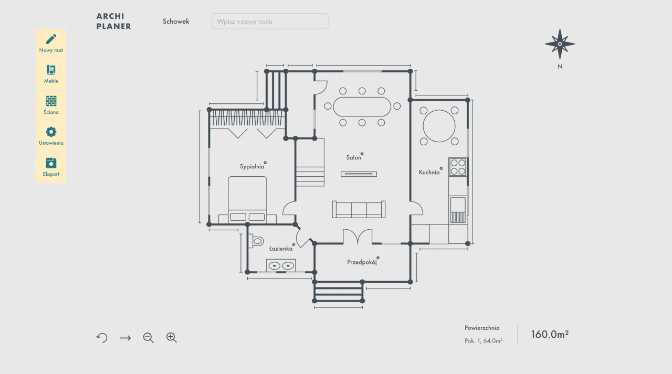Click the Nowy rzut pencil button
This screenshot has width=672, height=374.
51,44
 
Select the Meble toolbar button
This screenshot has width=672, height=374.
51,74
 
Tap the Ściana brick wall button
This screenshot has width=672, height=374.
51,105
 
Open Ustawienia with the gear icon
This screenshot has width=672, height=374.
51,137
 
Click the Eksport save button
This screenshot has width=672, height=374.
51,167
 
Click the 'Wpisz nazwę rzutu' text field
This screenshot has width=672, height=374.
270,22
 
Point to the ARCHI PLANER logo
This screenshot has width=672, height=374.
114,22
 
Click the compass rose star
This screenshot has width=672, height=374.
560,44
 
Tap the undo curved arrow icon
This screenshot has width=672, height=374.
102,337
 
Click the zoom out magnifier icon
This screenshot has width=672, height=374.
148,338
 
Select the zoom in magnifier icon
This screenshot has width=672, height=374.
172,337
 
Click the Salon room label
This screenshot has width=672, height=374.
354,157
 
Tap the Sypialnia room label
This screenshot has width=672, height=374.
252,166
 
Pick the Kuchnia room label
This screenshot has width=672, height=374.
429,173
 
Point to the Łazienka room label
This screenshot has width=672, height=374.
281,249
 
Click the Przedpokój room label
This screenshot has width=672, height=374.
362,262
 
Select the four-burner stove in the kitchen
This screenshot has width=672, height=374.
458,167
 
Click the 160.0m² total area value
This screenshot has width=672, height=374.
550,334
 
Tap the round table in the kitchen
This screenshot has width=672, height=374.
439,126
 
